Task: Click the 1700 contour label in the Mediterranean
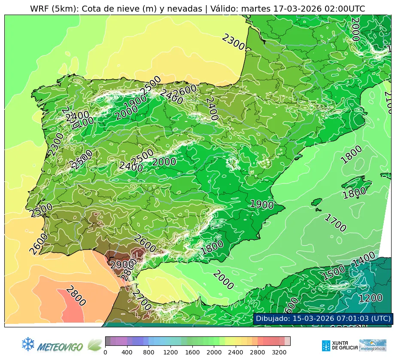[x=334, y=223]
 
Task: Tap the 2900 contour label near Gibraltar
[x=119, y=265]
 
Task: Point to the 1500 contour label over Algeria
[x=334, y=273]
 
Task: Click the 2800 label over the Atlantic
[x=76, y=296]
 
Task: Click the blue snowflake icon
[x=28, y=344]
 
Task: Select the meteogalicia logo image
[x=373, y=345]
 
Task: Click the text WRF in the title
[x=39, y=9]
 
